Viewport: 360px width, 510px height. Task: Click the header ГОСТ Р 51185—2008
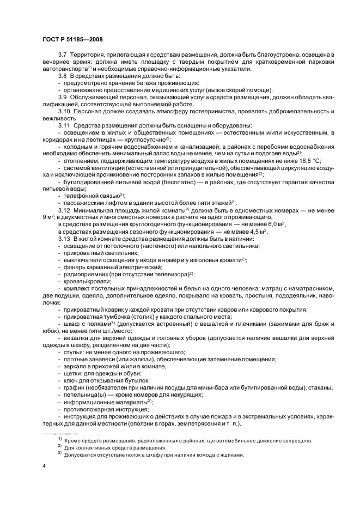[72, 40]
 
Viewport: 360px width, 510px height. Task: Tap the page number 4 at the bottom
[44, 466]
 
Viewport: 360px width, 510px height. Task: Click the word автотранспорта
[65, 71]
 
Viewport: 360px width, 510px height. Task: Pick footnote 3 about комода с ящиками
[154, 455]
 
